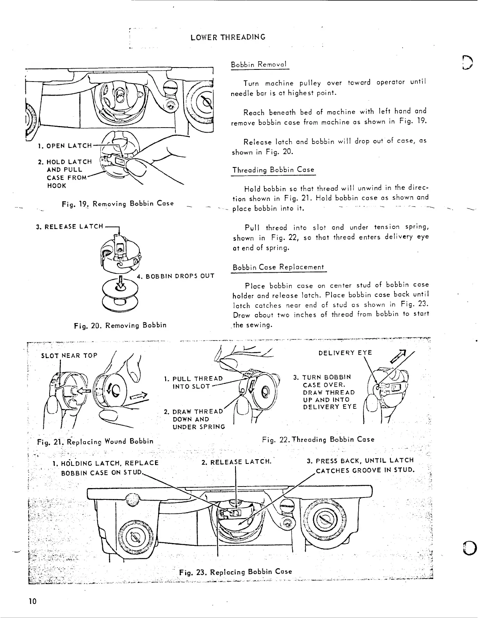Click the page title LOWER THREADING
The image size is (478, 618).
(228, 37)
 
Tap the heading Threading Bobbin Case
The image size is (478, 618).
(273, 170)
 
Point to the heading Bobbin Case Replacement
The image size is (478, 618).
(278, 267)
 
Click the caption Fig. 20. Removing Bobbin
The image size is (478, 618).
(120, 325)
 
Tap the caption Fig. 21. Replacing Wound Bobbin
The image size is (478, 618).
(95, 441)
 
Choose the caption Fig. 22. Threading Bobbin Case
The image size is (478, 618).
(318, 439)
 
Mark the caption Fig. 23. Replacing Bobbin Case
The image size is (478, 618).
(235, 572)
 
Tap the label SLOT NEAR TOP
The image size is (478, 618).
(69, 355)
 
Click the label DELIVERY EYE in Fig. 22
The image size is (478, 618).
(345, 353)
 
